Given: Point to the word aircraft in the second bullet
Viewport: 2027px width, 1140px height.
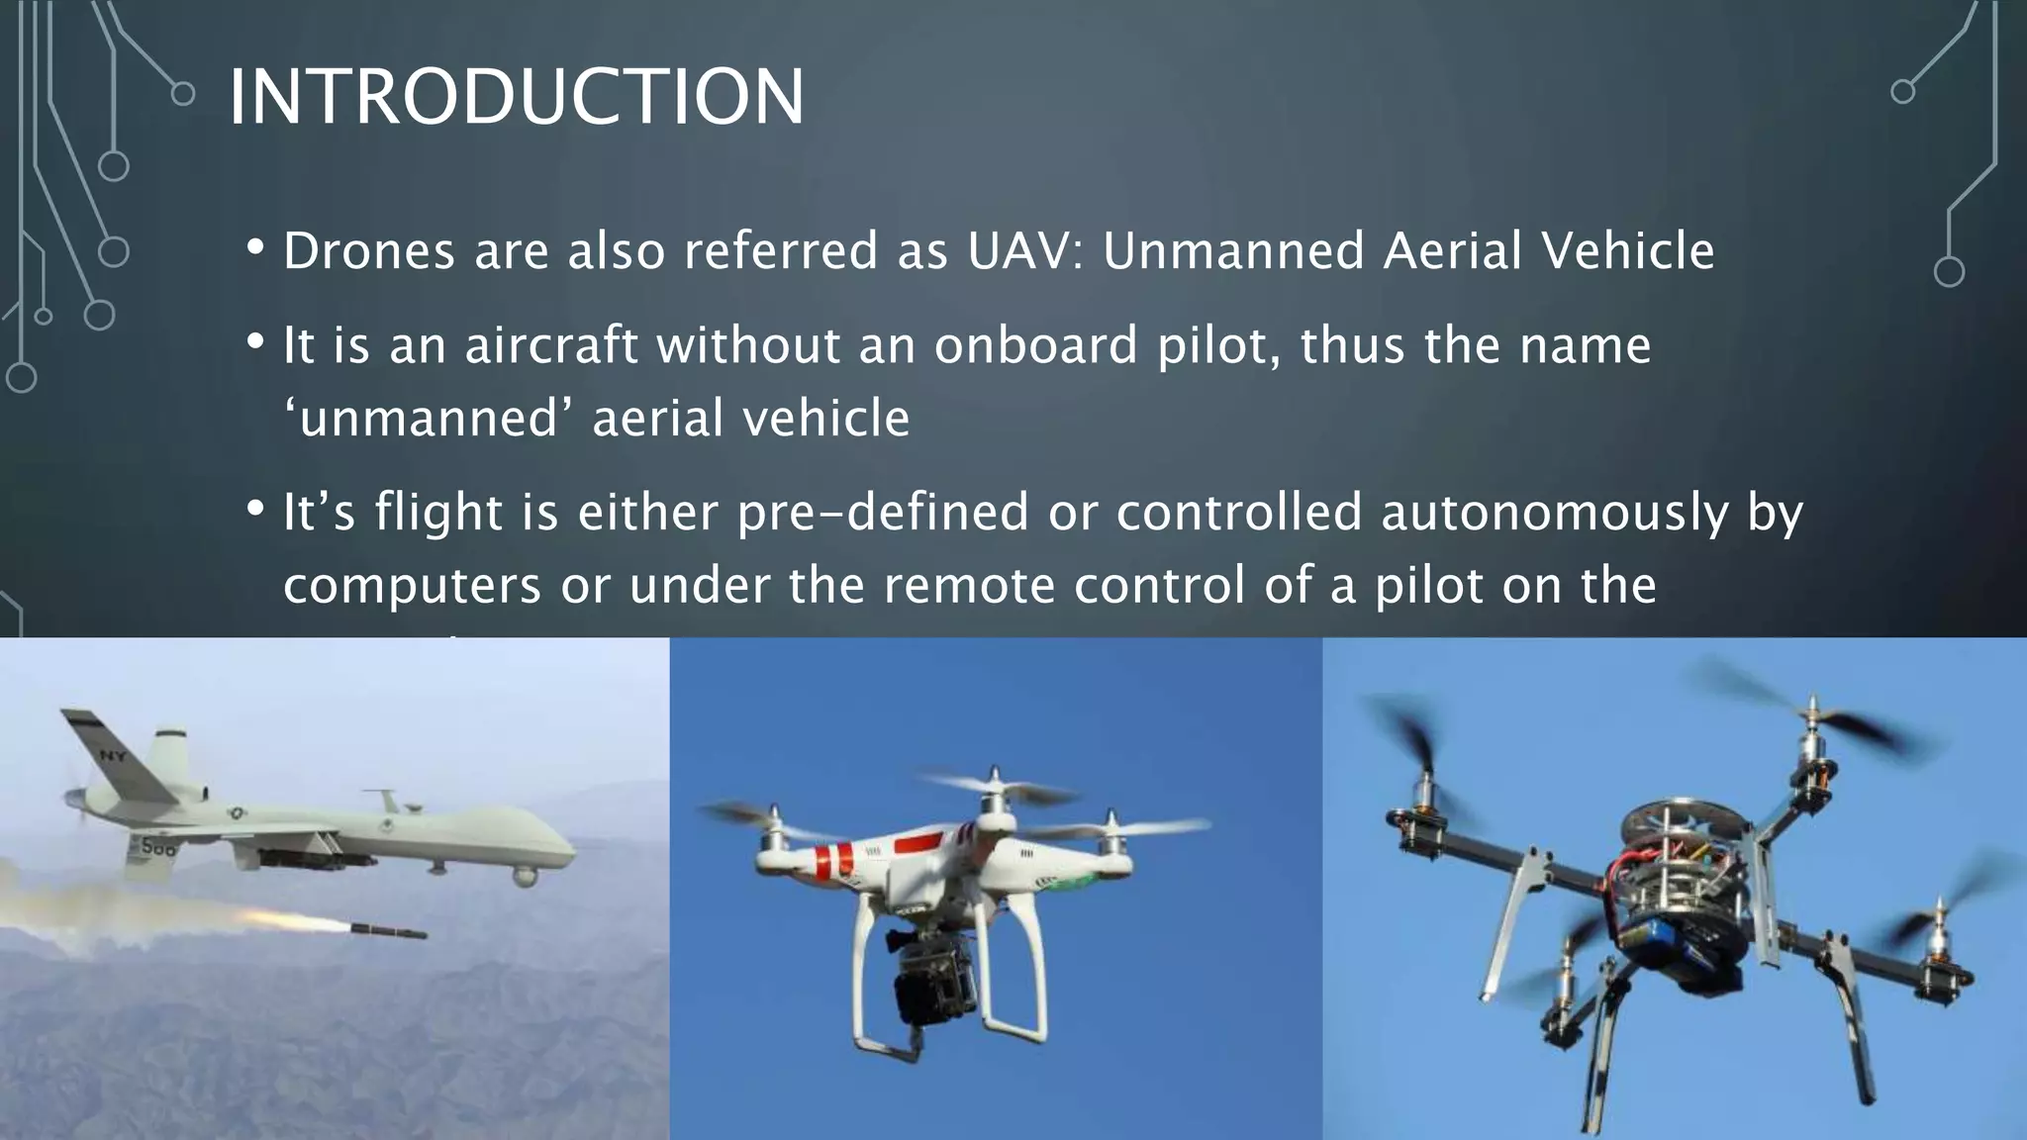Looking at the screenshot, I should click(551, 345).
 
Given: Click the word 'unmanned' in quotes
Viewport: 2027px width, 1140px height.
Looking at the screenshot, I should click(427, 418).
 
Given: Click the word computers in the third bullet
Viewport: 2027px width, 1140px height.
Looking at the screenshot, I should click(412, 586).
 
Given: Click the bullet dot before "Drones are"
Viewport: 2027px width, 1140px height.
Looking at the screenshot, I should click(255, 247).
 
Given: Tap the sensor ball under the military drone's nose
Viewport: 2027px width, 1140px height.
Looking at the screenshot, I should click(526, 875).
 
